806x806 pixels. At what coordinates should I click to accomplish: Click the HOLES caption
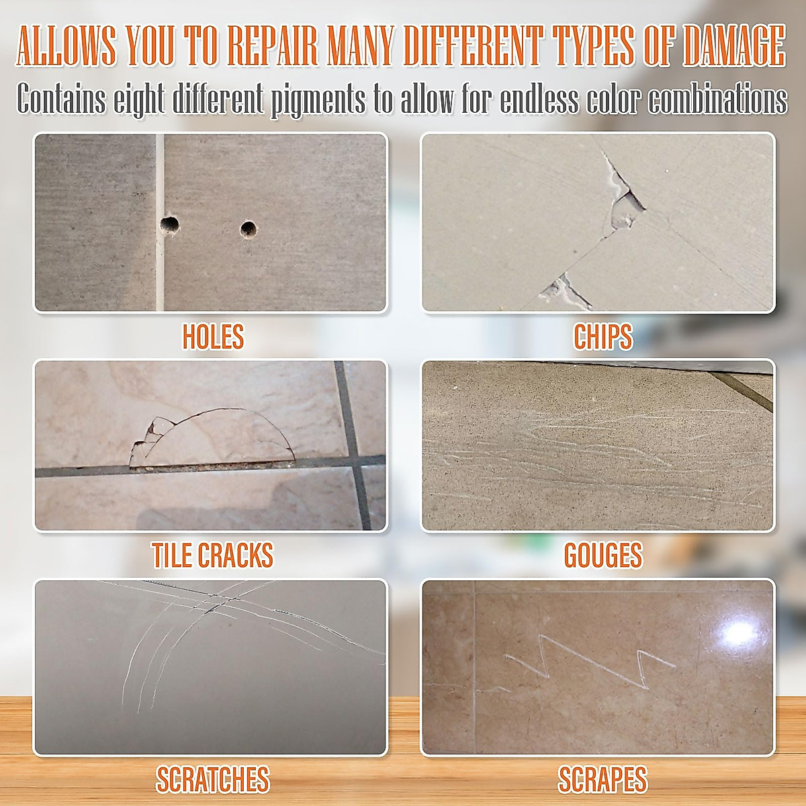coord(213,337)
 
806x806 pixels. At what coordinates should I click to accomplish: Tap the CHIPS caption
coord(602,337)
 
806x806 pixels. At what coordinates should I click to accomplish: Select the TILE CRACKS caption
coord(212,555)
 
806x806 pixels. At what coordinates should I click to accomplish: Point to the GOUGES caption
coord(602,555)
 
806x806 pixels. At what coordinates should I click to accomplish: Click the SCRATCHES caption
coord(212,780)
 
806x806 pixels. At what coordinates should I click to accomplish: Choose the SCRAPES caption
coord(602,780)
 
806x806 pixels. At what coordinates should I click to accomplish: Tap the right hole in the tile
coord(249,229)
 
